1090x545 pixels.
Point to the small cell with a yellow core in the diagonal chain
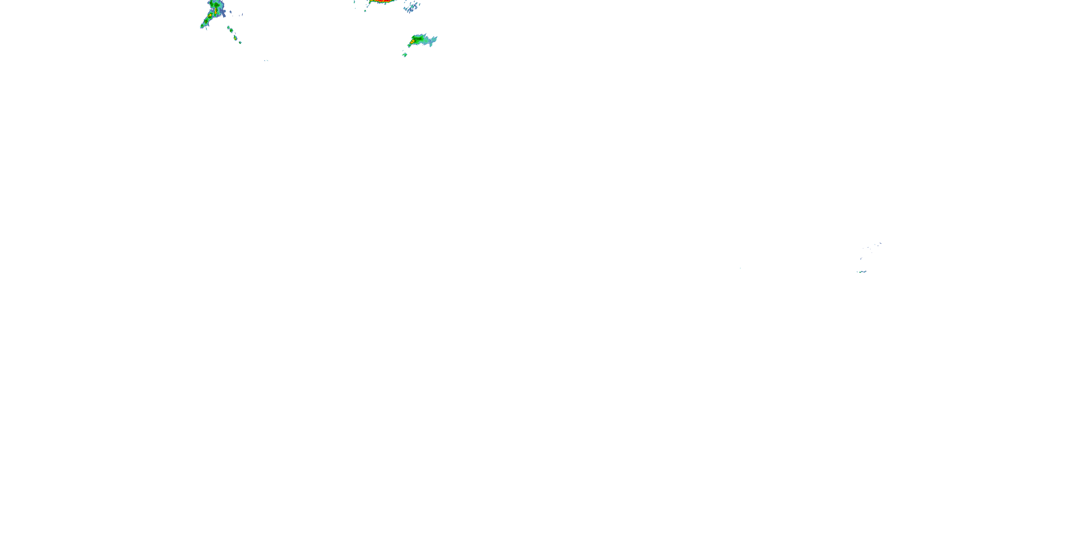point(235,38)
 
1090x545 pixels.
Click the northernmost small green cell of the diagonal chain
point(229,28)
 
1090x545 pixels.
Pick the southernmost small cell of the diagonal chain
point(240,42)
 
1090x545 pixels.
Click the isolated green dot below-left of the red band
point(365,10)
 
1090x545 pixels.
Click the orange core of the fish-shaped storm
point(412,41)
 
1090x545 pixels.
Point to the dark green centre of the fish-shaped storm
point(419,39)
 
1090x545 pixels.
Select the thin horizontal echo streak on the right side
point(861,272)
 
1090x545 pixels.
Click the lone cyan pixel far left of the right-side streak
point(740,268)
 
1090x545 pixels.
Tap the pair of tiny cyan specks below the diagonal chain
point(266,61)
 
